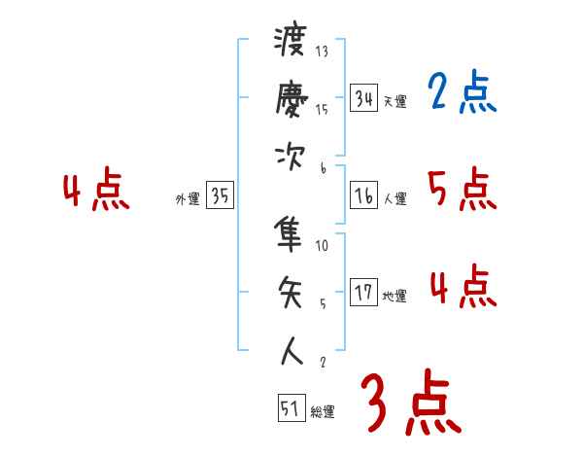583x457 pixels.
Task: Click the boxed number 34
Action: pyautogui.click(x=363, y=97)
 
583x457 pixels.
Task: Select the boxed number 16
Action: pyautogui.click(x=363, y=195)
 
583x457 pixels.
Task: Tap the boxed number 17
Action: pyautogui.click(x=363, y=293)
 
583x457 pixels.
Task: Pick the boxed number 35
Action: pyautogui.click(x=220, y=195)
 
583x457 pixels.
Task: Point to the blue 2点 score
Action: pyautogui.click(x=462, y=94)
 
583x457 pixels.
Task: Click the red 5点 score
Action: pyautogui.click(x=462, y=189)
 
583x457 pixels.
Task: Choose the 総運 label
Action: pyautogui.click(x=323, y=412)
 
